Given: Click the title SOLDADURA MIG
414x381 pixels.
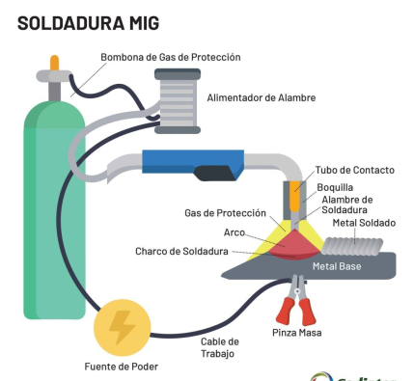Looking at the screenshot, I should (x=89, y=20).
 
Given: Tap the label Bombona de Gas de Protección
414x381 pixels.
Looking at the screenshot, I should (x=171, y=58).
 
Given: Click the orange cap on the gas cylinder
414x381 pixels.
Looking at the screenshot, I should (x=54, y=64).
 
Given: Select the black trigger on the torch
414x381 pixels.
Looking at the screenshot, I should (x=214, y=175).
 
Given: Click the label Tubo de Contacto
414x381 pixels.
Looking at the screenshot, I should (x=355, y=170).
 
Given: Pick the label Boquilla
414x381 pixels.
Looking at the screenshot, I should (x=335, y=187).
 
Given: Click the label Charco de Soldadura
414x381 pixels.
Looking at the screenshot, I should (x=181, y=252).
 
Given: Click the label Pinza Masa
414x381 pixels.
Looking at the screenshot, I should (x=296, y=334).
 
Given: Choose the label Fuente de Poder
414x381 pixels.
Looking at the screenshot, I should (x=121, y=367).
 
